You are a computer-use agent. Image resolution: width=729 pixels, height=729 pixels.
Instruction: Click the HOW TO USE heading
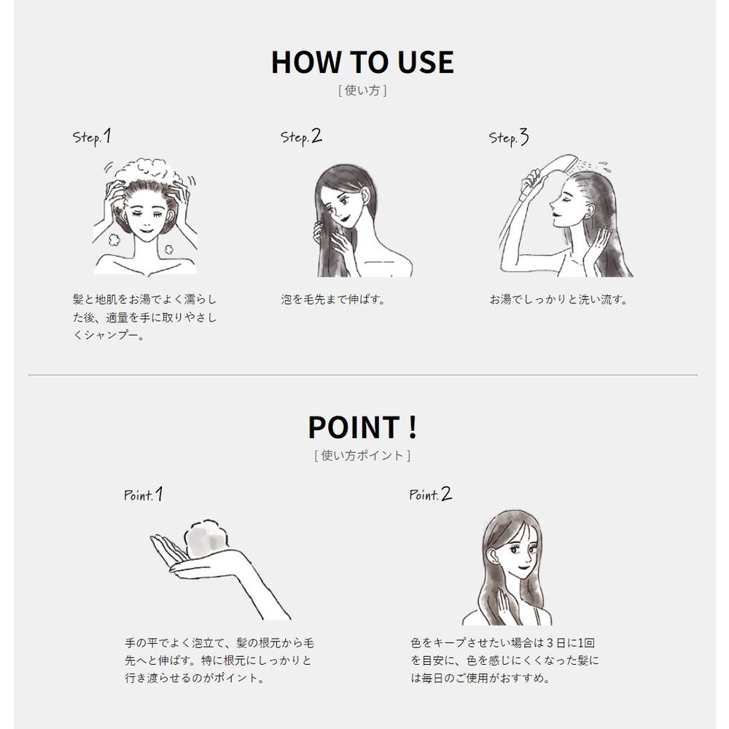click(362, 62)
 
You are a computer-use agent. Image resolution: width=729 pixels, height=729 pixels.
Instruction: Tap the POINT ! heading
click(362, 426)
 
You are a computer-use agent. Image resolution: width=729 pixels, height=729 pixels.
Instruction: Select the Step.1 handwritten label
click(92, 137)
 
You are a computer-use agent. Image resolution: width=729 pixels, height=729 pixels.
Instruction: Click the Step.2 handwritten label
click(301, 137)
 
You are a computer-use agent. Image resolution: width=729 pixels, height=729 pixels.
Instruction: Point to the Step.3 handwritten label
click(509, 138)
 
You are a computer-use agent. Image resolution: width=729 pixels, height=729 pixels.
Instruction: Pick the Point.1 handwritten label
click(143, 494)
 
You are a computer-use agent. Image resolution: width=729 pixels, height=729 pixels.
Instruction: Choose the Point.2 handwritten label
click(430, 494)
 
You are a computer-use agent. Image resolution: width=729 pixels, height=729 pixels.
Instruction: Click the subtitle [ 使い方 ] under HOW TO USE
click(362, 90)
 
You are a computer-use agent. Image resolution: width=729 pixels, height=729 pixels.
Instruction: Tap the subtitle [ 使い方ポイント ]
click(362, 455)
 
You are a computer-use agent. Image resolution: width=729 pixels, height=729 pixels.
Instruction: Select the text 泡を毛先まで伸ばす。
click(334, 300)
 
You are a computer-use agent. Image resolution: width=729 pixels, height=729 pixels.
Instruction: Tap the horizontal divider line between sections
click(362, 375)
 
